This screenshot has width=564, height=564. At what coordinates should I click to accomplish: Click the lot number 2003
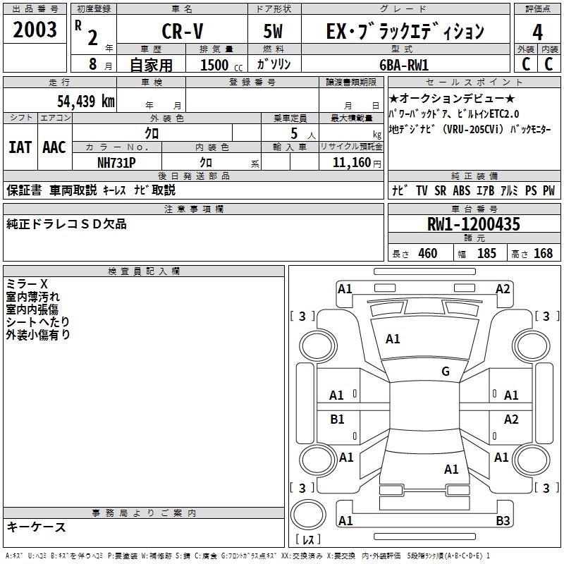pyautogui.click(x=35, y=30)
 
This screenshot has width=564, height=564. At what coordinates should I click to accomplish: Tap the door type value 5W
pyautogui.click(x=274, y=32)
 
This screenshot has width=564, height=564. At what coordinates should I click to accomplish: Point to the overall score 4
pyautogui.click(x=538, y=32)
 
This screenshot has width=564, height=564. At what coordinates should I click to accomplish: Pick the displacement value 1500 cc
pyautogui.click(x=219, y=65)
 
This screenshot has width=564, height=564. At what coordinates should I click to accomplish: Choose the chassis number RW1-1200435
pyautogui.click(x=474, y=225)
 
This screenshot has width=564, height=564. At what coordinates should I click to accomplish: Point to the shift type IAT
pyautogui.click(x=20, y=147)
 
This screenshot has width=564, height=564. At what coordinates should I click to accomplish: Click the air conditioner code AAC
pyautogui.click(x=54, y=147)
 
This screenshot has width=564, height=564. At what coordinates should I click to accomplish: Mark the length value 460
pyautogui.click(x=427, y=254)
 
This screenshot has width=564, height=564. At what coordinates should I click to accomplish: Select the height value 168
pyautogui.click(x=543, y=254)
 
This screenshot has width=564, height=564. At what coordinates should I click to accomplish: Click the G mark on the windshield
pyautogui.click(x=445, y=372)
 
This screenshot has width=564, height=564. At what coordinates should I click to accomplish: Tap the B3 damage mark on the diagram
pyautogui.click(x=502, y=521)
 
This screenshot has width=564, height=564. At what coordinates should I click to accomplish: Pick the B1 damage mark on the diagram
pyautogui.click(x=338, y=419)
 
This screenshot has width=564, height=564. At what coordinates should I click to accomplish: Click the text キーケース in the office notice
pyautogui.click(x=37, y=527)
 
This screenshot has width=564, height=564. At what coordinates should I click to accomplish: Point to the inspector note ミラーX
pyautogui.click(x=27, y=284)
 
